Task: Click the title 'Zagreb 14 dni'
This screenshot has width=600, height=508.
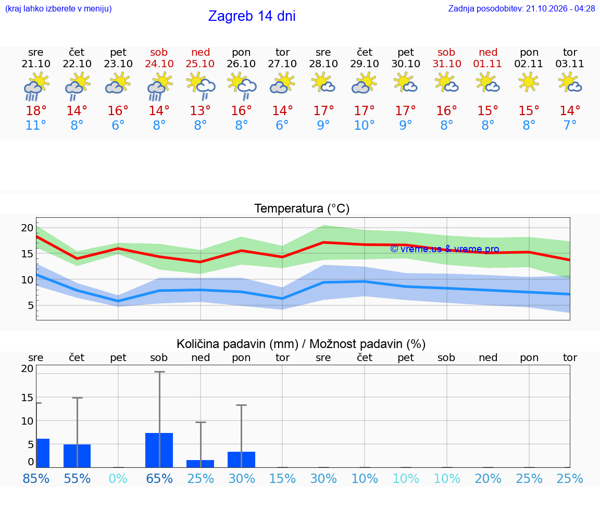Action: (x=252, y=16)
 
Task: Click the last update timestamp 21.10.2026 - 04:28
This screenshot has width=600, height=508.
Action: (x=560, y=8)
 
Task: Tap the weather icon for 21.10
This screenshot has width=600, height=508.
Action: (x=36, y=87)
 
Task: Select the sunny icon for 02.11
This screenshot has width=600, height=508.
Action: (x=529, y=83)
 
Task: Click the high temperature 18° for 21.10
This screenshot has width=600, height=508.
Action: (x=36, y=110)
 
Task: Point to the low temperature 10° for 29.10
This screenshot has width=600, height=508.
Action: (x=364, y=125)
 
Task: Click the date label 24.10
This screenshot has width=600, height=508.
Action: (x=159, y=64)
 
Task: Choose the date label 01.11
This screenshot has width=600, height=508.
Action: (x=488, y=64)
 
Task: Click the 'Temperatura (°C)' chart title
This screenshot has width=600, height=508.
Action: (x=302, y=208)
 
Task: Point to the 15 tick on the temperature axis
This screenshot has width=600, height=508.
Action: (x=27, y=254)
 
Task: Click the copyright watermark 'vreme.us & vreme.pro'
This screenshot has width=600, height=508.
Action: (x=445, y=249)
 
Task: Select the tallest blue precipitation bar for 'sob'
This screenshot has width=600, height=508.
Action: (x=159, y=450)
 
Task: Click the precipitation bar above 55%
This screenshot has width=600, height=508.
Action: (x=77, y=456)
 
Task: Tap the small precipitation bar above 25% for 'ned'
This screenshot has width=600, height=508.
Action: (x=200, y=464)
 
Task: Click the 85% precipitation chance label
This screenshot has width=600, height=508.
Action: (x=36, y=478)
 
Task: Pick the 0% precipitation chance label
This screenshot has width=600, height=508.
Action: (x=118, y=478)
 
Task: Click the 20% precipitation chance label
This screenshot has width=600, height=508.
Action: (x=488, y=478)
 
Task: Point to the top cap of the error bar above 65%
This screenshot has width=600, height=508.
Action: (x=159, y=371)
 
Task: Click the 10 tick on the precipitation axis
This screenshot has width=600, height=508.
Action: (x=27, y=421)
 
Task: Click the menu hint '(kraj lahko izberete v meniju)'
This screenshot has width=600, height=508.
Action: (x=58, y=8)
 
